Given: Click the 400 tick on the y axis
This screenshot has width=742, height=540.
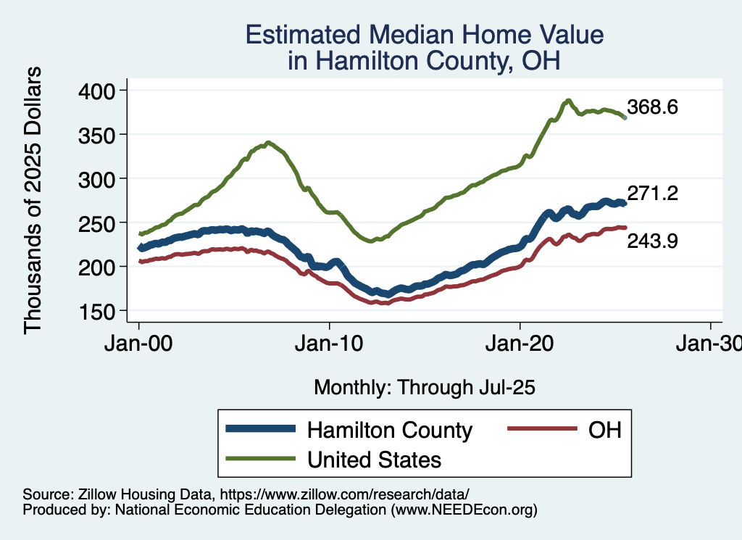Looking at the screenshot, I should point(100,91).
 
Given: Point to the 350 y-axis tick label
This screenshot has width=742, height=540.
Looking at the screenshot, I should point(100,135).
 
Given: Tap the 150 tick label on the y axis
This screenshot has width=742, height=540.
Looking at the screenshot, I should point(100,312).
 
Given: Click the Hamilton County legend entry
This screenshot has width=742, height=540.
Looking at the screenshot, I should point(390,430).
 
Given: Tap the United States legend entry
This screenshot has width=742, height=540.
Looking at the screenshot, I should point(374,459).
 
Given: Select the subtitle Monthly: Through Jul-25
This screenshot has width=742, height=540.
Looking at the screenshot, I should point(424,388).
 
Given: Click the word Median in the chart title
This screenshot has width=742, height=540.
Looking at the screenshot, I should point(413,36).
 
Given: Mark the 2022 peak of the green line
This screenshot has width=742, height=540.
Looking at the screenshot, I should point(569,101).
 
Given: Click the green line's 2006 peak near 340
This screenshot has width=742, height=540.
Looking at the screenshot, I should point(268,143).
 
